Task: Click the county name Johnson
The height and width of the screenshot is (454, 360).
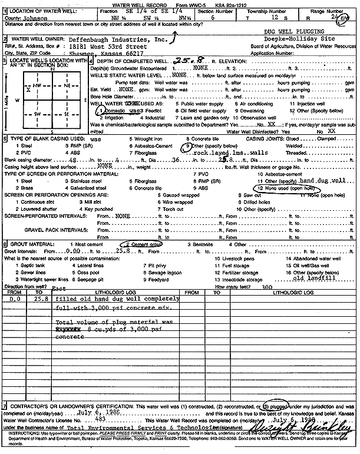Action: click(x=44, y=18)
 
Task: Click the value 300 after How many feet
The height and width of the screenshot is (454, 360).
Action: click(x=267, y=287)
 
